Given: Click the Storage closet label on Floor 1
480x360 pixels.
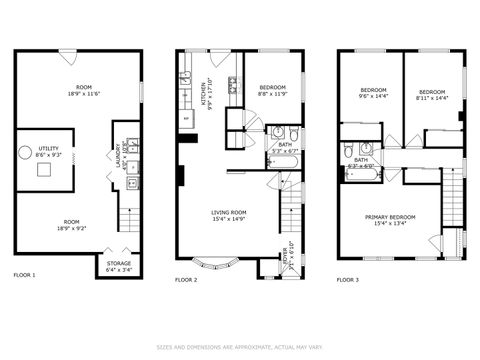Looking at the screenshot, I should pyautogui.click(x=119, y=266).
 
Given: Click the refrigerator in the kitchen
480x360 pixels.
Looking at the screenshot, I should pyautogui.click(x=186, y=119).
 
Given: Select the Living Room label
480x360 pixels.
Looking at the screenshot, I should pyautogui.click(x=229, y=214).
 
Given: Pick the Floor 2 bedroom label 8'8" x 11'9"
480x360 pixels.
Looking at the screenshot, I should pyautogui.click(x=272, y=91).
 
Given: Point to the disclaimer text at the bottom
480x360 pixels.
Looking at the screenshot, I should pyautogui.click(x=240, y=347).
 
